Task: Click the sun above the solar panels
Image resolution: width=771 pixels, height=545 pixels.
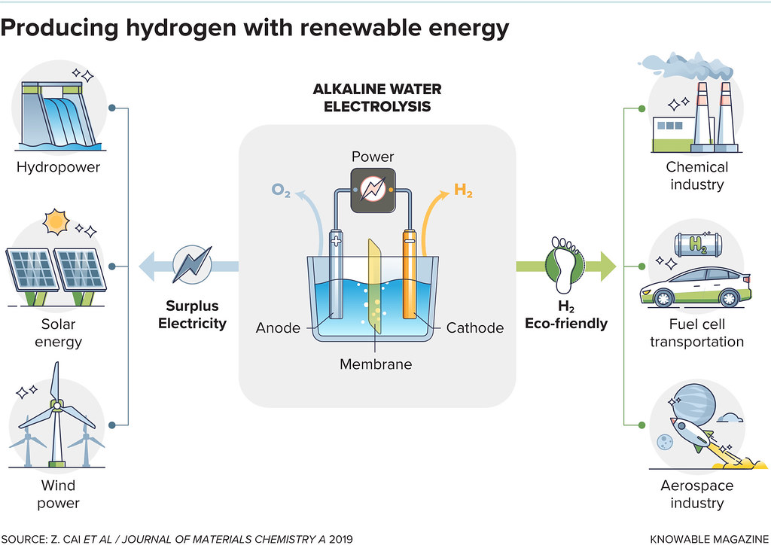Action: click(56, 222)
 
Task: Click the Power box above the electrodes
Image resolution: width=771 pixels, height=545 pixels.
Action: click(373, 189)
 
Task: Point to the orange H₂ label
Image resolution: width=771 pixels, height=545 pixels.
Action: click(463, 191)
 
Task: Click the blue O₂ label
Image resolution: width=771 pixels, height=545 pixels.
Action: click(282, 192)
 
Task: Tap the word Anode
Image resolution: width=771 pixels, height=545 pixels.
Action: click(278, 327)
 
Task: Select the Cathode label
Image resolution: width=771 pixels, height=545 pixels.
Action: click(474, 327)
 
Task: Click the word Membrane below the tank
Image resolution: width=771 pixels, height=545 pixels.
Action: click(376, 364)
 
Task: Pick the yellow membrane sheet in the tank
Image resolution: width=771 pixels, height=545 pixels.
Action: click(374, 286)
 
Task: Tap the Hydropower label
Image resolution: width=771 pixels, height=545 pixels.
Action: click(58, 167)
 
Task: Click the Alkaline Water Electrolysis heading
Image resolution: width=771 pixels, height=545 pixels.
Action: click(377, 99)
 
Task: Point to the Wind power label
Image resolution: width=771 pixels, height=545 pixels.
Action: click(58, 495)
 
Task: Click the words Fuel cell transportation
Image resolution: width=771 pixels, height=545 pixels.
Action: click(696, 333)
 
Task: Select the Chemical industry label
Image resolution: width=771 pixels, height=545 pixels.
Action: click(696, 175)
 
